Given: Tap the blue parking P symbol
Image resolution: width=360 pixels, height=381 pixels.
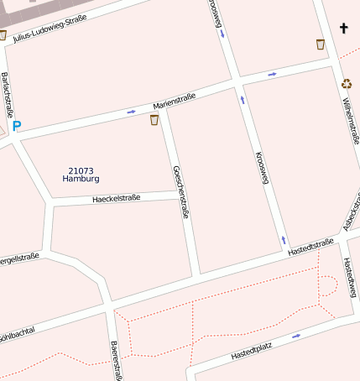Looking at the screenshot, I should tap(16, 127).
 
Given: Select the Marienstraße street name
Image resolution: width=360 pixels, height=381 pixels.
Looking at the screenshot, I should tap(174, 102).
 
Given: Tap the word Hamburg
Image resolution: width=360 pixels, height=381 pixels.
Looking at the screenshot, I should tap(81, 180).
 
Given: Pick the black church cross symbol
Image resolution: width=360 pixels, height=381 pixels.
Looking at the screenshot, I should tap(343, 29).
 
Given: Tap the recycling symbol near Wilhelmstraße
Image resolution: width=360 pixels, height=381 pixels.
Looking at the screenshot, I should tap(347, 83).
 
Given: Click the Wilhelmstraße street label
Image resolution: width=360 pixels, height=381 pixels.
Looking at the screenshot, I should tap(350, 123).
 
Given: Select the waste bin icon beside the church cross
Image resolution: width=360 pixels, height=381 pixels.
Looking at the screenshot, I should tap(320, 44).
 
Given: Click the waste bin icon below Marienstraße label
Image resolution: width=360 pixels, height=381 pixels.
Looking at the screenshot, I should tap(154, 120).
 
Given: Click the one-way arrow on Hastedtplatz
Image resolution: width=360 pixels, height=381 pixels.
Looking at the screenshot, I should tap(295, 336).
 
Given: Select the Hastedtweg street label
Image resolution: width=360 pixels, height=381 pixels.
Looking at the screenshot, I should tap(350, 277).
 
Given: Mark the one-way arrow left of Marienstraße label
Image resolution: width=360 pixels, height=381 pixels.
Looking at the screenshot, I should tap(131, 111).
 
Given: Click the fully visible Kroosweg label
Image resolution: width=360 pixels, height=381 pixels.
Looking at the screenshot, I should tap(262, 168).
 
